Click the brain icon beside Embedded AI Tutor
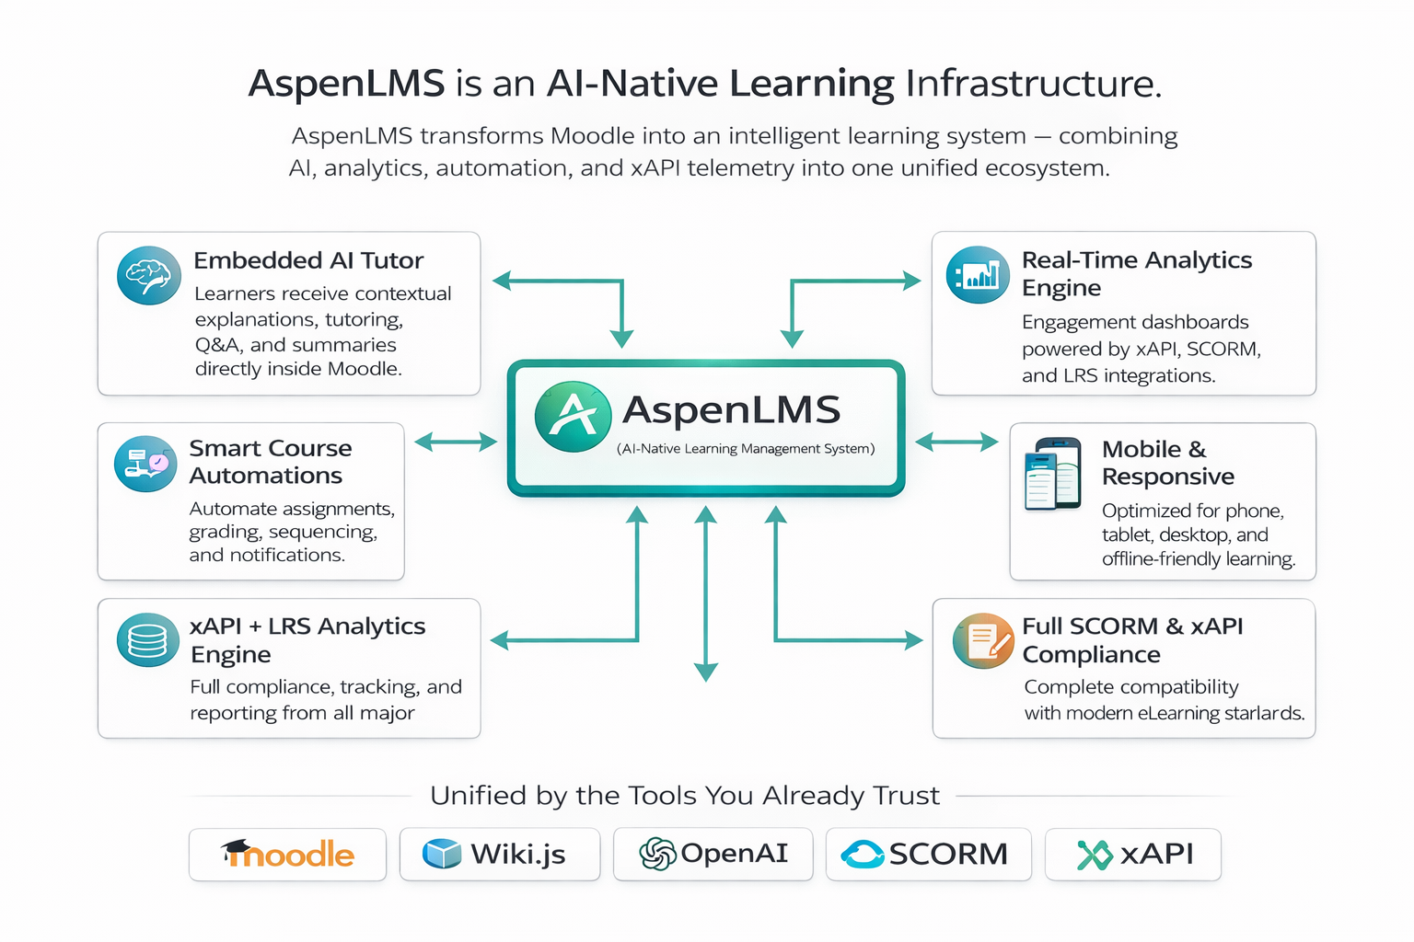pyautogui.click(x=149, y=275)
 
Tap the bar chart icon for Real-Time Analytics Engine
pyautogui.click(x=978, y=275)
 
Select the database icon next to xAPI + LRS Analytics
pyautogui.click(x=148, y=639)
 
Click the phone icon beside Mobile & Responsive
pyautogui.click(x=1053, y=474)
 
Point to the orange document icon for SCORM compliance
pyautogui.click(x=983, y=640)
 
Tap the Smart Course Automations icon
pyautogui.click(x=145, y=464)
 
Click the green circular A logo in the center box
pyautogui.click(x=574, y=417)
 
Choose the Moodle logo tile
pyautogui.click(x=287, y=855)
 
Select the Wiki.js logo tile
pyautogui.click(x=499, y=855)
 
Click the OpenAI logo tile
pyautogui.click(x=713, y=855)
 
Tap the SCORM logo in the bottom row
pyautogui.click(x=928, y=855)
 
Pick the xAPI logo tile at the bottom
pyautogui.click(x=1133, y=855)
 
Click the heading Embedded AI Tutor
pyautogui.click(x=308, y=261)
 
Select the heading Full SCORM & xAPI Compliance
pyautogui.click(x=1132, y=640)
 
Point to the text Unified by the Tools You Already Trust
pyautogui.click(x=685, y=796)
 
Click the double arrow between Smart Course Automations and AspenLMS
pyautogui.click(x=456, y=443)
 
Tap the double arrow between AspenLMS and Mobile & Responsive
pyautogui.click(x=956, y=443)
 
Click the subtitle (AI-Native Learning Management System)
pyautogui.click(x=746, y=449)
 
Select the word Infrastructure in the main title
pyautogui.click(x=1033, y=84)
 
